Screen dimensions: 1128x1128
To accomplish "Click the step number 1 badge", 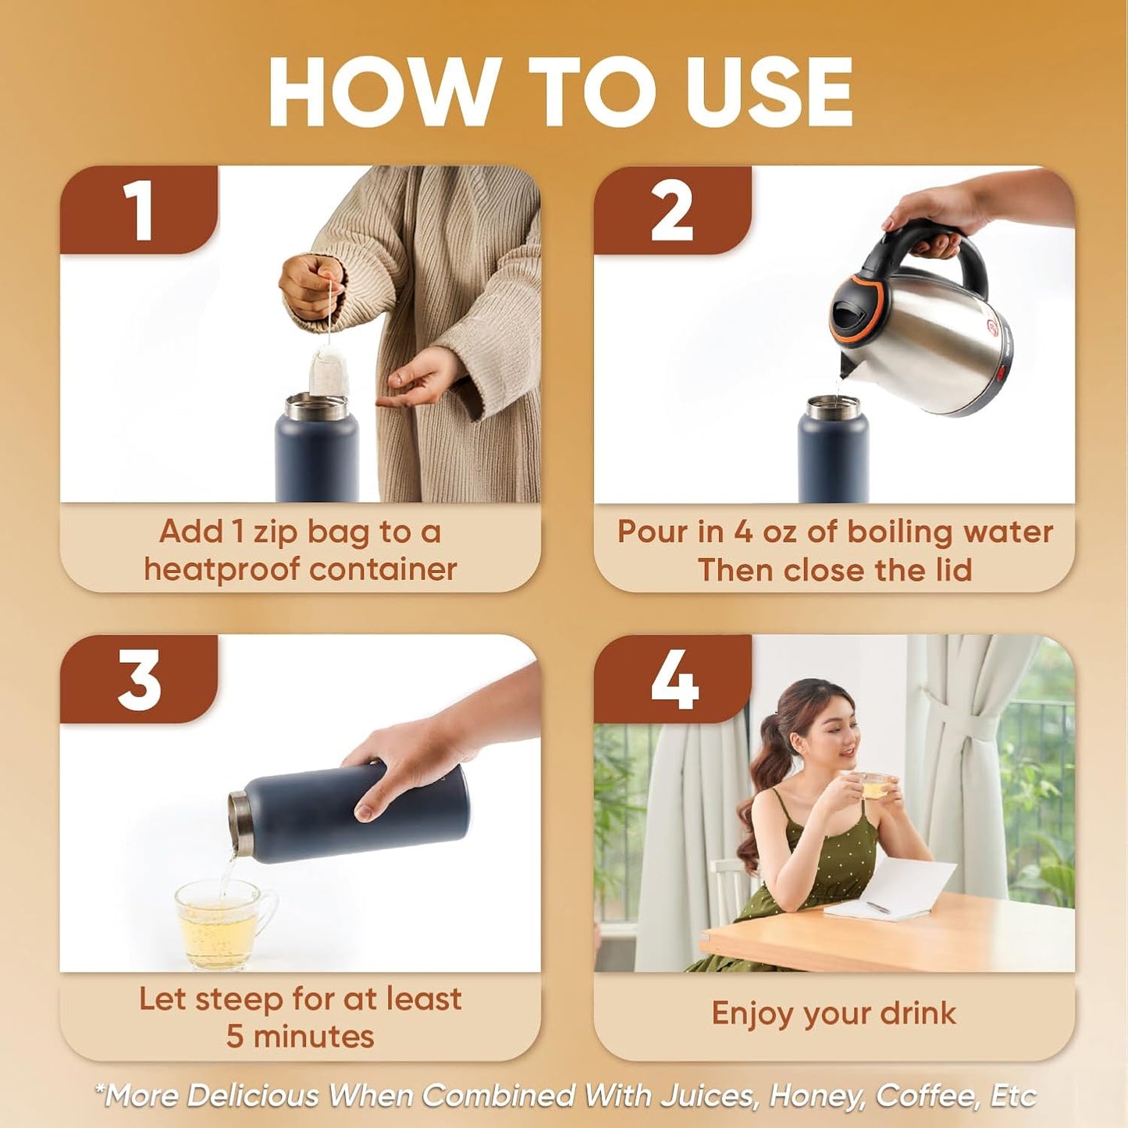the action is pos(139,210).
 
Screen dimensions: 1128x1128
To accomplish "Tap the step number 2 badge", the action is pos(673,210).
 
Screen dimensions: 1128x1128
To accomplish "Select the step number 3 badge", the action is pos(139,679).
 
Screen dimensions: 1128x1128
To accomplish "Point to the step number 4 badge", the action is pos(673,679).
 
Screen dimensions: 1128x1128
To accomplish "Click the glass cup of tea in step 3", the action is pos(222,925).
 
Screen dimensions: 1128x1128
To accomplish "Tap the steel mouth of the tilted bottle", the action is pos(240,824).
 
